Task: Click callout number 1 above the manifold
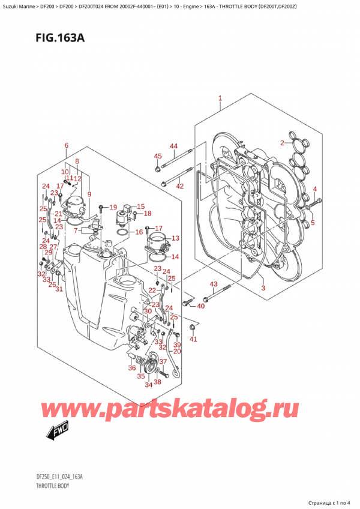point(220,98)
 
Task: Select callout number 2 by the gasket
point(281,142)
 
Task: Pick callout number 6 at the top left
point(66,146)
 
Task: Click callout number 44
point(173,146)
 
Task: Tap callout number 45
point(158,157)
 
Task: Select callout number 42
point(179,186)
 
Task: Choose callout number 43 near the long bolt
point(213,284)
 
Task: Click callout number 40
point(200,306)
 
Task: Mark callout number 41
point(193,340)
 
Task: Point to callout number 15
point(141,206)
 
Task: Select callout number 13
point(175,238)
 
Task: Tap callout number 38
point(157,382)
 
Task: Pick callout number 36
point(131,368)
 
